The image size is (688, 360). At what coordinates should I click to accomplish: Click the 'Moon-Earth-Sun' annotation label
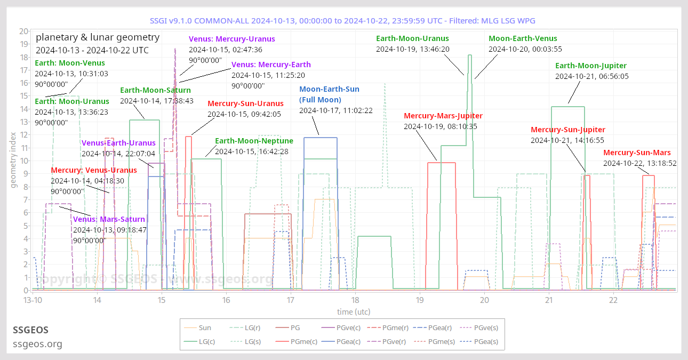(329, 89)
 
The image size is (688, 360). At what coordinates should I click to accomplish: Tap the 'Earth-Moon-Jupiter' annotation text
(591, 66)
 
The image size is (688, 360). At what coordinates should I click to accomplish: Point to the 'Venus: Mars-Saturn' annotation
(109, 219)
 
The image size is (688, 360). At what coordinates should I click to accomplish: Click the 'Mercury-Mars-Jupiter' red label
(443, 116)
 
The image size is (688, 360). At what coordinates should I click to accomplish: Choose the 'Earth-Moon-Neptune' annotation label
(254, 141)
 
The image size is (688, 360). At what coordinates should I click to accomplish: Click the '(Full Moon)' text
(320, 100)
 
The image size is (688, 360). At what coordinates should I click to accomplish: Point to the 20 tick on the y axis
(23, 31)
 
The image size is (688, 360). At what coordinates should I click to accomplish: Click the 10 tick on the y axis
(23, 161)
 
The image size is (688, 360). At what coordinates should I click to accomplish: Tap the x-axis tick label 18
(355, 300)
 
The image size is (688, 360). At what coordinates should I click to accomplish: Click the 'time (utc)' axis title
(353, 311)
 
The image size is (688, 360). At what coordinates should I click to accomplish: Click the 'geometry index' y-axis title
(13, 161)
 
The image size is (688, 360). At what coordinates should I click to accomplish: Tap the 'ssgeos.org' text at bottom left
(37, 344)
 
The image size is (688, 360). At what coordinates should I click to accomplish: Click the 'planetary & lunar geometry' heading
(98, 37)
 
